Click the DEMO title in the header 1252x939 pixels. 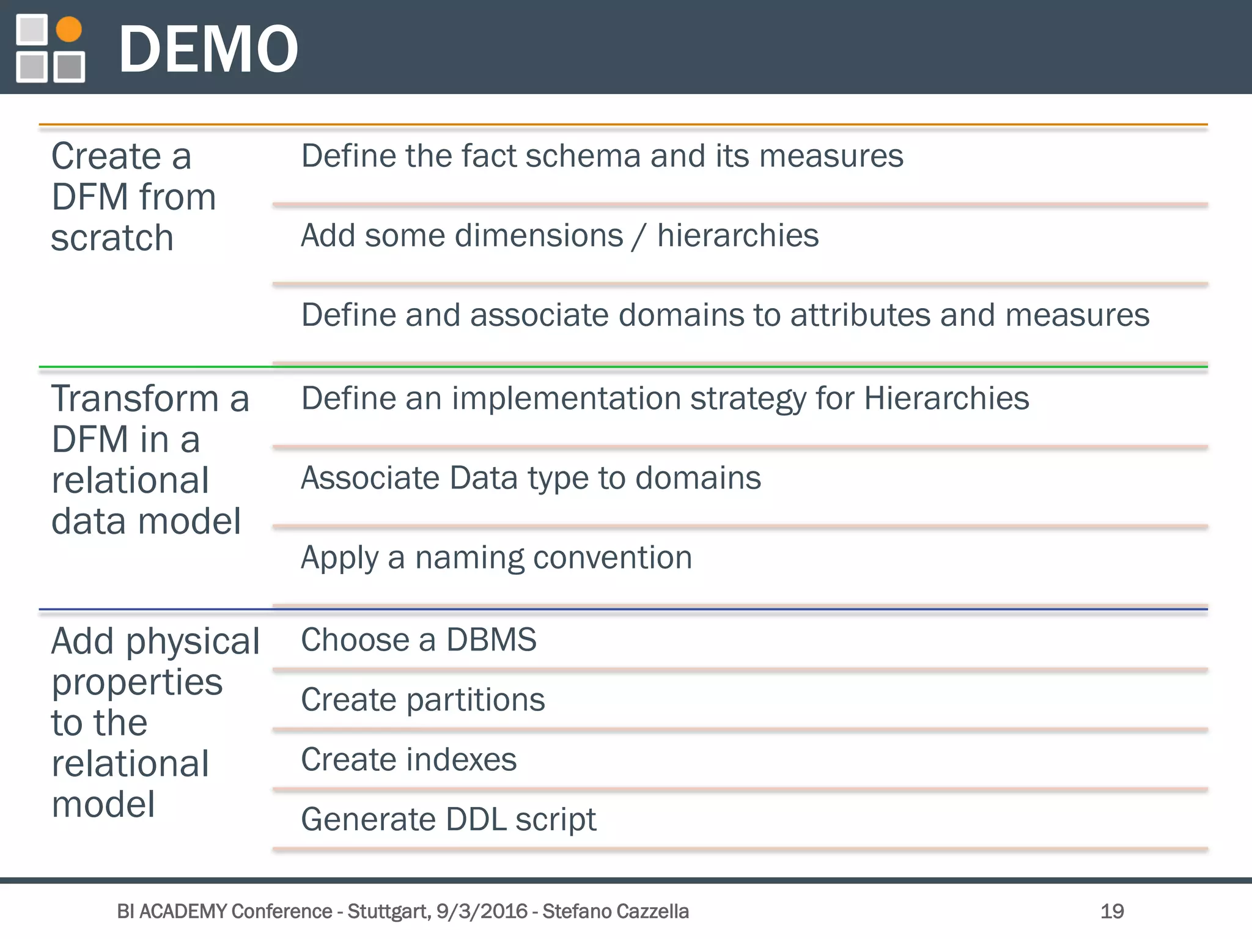[x=208, y=49]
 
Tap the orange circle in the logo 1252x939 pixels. [x=68, y=29]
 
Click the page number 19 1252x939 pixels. [x=1111, y=911]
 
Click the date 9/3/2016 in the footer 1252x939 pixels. [x=482, y=911]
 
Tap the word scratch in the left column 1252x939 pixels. [x=112, y=238]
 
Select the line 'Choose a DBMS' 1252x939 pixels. [x=418, y=640]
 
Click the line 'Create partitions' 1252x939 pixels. [x=422, y=699]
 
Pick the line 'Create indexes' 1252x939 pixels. [x=408, y=759]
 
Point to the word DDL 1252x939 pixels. [x=476, y=819]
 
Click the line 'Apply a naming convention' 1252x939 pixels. [x=496, y=558]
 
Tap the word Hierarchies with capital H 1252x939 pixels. [x=946, y=399]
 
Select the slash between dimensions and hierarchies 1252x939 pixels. [x=639, y=237]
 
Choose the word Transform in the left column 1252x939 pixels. [x=135, y=399]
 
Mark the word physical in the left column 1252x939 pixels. [x=193, y=643]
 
